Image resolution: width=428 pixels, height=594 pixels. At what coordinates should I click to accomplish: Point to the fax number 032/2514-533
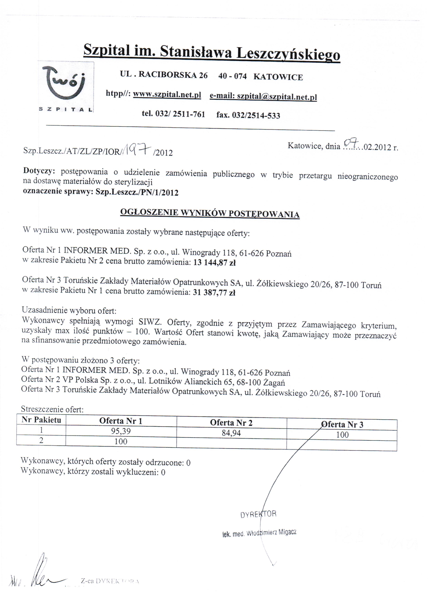tap(256, 115)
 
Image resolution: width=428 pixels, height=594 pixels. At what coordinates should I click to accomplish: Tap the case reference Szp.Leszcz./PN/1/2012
tap(137, 193)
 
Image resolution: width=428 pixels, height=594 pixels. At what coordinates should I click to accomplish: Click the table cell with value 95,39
tap(121, 431)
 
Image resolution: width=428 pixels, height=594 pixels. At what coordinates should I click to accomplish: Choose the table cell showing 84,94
tap(231, 433)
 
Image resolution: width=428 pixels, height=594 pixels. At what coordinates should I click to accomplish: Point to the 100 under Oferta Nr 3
tap(342, 435)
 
